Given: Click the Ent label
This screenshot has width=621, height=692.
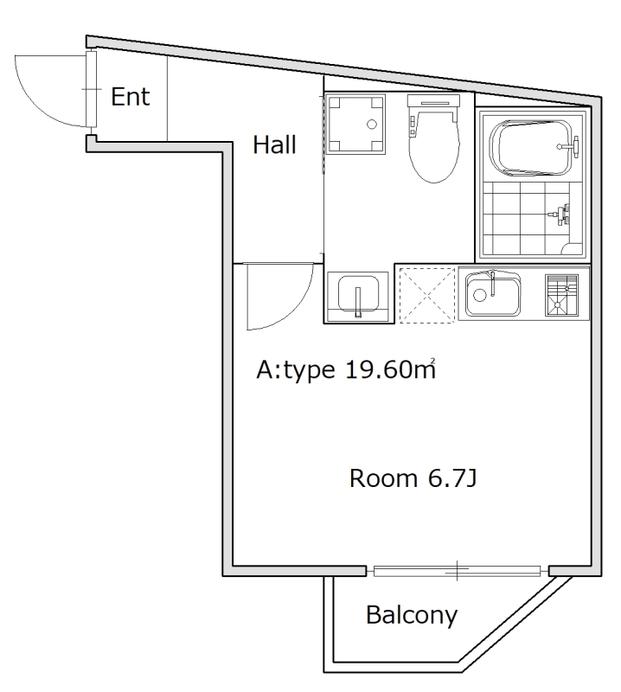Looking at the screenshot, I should (130, 97).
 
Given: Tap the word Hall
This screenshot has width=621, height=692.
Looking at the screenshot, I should (274, 145).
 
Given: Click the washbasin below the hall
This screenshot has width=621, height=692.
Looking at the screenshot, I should (358, 294).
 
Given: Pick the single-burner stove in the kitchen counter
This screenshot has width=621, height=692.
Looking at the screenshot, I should (560, 294).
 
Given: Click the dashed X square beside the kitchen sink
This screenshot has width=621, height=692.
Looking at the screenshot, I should (426, 294).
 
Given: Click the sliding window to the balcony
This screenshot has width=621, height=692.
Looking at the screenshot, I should (457, 570).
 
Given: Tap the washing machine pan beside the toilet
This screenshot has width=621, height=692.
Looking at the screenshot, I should (353, 124).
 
